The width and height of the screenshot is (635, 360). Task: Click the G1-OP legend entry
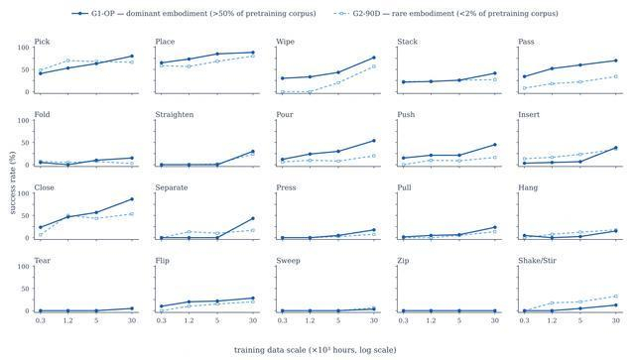pyautogui.click(x=194, y=13)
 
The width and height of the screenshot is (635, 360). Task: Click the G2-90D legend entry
pyautogui.click(x=445, y=13)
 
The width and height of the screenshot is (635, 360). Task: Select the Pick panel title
pyautogui.click(x=42, y=42)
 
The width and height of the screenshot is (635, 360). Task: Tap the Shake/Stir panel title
pyautogui.click(x=537, y=261)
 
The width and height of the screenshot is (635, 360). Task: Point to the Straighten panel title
pyautogui.click(x=175, y=115)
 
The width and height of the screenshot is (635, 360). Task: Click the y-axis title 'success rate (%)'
pyautogui.click(x=12, y=182)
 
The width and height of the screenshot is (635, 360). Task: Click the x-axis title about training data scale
pyautogui.click(x=316, y=349)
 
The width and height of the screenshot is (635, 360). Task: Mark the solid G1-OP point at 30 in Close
pyautogui.click(x=132, y=199)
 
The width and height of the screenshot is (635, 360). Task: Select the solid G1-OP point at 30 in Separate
pyautogui.click(x=253, y=218)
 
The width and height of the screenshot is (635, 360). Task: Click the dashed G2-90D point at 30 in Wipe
pyautogui.click(x=374, y=66)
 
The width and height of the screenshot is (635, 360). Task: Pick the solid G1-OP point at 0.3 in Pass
pyautogui.click(x=524, y=76)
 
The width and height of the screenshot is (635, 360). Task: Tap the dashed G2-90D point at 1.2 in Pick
pyautogui.click(x=68, y=60)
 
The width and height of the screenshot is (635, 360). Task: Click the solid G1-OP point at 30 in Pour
pyautogui.click(x=374, y=141)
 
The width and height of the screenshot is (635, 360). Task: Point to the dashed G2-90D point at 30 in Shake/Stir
pyautogui.click(x=616, y=297)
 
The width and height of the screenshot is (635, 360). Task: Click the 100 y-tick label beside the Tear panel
pyautogui.click(x=24, y=267)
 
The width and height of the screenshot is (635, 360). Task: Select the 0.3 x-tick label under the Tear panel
pyautogui.click(x=40, y=320)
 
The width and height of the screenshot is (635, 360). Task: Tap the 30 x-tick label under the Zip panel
pyautogui.click(x=495, y=320)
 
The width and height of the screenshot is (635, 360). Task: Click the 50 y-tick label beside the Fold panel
pyautogui.click(x=26, y=143)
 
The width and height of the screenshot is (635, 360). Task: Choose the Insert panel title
pyautogui.click(x=529, y=115)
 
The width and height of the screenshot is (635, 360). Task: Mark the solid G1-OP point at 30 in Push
pyautogui.click(x=495, y=145)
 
